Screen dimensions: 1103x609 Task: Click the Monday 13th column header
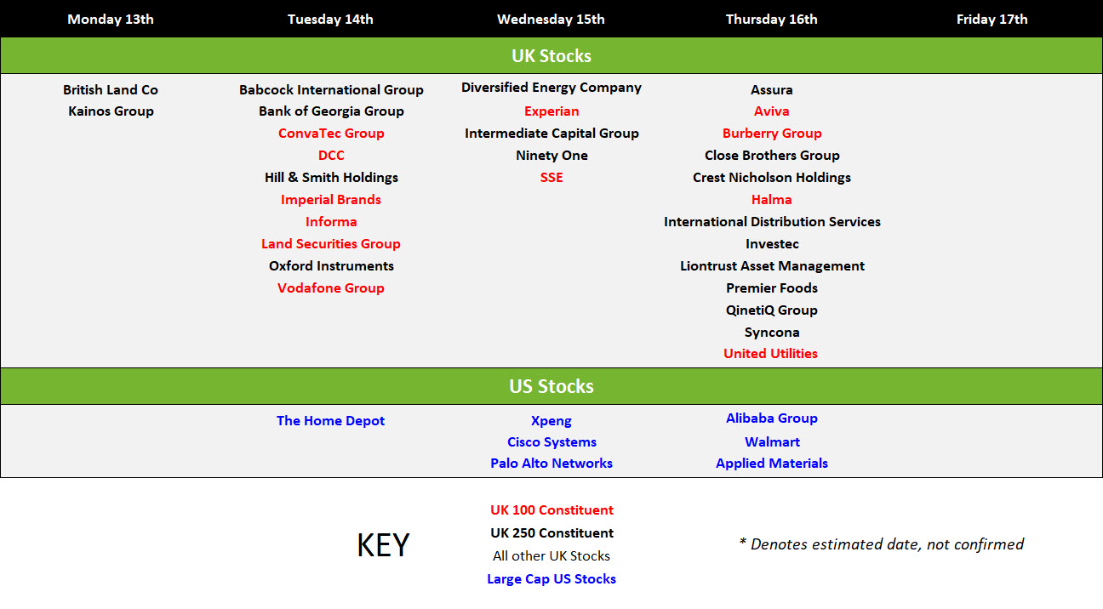pyautogui.click(x=111, y=20)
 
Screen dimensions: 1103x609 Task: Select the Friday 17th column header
pyautogui.click(x=992, y=20)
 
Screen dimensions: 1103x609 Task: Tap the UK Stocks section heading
pyautogui.click(x=551, y=55)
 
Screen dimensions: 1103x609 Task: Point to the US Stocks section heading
pyautogui.click(x=551, y=386)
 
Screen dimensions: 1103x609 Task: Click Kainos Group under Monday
pyautogui.click(x=111, y=111)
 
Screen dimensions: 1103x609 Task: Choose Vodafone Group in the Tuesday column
pyautogui.click(x=330, y=287)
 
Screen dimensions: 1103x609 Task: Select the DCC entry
pyautogui.click(x=331, y=156)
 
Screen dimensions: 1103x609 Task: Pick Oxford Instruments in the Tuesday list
pyautogui.click(x=331, y=265)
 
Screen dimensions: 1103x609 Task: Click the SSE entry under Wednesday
pyautogui.click(x=551, y=178)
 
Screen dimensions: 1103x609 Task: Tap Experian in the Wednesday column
pyautogui.click(x=551, y=111)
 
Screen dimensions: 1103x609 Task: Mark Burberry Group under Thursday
pyautogui.click(x=772, y=134)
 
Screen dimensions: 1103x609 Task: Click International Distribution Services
pyautogui.click(x=772, y=221)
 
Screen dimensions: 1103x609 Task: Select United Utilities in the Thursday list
pyautogui.click(x=770, y=353)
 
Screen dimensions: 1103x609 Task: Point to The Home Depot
pyautogui.click(x=330, y=420)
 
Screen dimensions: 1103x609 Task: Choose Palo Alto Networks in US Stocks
pyautogui.click(x=551, y=463)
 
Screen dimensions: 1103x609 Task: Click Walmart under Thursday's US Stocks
pyautogui.click(x=772, y=441)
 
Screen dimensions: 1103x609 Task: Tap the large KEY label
pyautogui.click(x=383, y=545)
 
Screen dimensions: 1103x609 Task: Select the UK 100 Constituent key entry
pyautogui.click(x=551, y=509)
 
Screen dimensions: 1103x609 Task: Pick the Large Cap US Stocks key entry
pyautogui.click(x=551, y=579)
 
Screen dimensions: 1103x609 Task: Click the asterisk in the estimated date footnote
pyautogui.click(x=742, y=541)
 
